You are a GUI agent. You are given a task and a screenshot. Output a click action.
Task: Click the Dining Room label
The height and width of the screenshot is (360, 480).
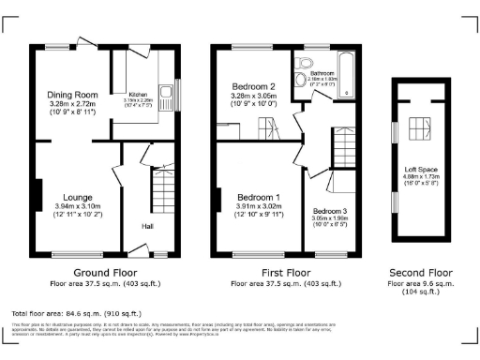point(72,95)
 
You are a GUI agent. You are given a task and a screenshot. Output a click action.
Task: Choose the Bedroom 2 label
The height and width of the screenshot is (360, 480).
point(253,86)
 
